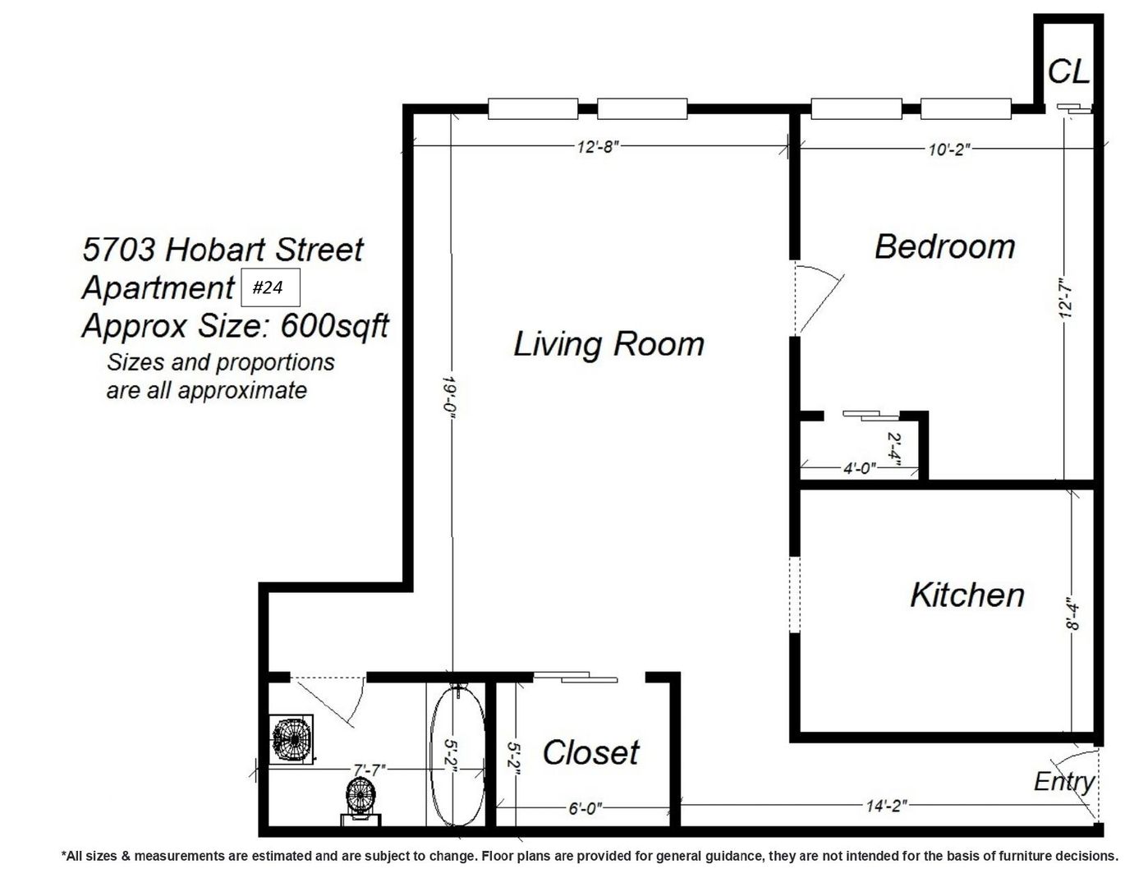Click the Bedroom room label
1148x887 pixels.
tap(944, 246)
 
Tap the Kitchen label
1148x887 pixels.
tap(967, 595)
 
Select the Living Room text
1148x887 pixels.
tap(608, 344)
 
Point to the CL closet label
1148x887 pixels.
tap(1068, 71)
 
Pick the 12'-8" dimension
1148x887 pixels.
tap(598, 146)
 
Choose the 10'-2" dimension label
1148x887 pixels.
tap(949, 149)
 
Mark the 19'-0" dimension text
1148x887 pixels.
tap(448, 396)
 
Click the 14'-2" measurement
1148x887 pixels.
tap(887, 806)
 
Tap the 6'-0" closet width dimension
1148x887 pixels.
tap(585, 809)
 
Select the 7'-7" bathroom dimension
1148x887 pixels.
tap(370, 770)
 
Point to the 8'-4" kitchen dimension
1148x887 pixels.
tap(1072, 614)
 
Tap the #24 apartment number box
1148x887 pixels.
tap(270, 287)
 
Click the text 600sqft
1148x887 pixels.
tap(335, 326)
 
